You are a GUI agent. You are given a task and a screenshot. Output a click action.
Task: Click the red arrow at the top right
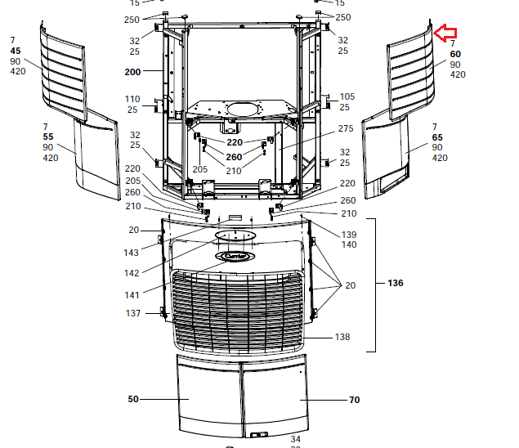coord(445,33)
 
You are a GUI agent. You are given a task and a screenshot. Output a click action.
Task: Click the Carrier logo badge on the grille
coord(235,256)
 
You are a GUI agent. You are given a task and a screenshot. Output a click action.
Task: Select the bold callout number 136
coord(396,283)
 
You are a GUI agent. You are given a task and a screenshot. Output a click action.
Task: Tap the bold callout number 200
coord(132,72)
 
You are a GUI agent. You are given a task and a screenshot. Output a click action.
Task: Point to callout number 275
coord(346,128)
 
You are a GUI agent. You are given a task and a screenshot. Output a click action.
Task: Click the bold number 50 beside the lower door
coord(133,399)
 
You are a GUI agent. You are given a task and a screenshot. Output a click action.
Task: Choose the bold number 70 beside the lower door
coord(354,400)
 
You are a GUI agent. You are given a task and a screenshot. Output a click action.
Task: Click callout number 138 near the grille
coord(342,337)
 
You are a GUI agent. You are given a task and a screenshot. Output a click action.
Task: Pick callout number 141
coord(132,295)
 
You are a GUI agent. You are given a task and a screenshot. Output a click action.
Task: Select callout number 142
coord(132,273)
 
